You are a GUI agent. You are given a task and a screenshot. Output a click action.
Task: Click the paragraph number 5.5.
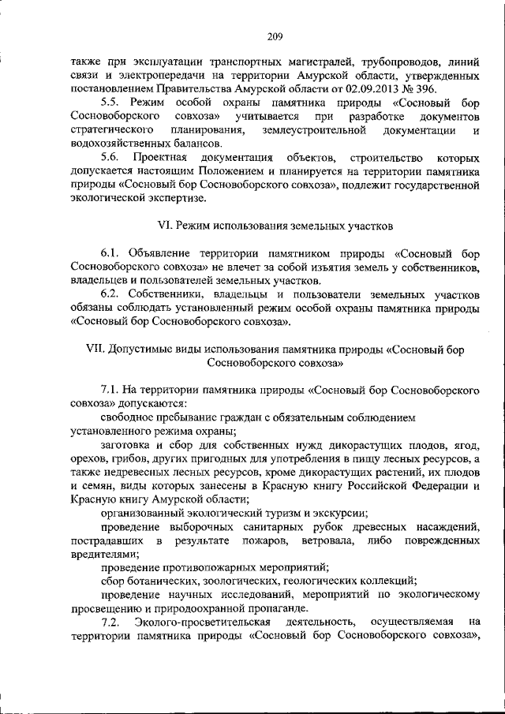coord(111,103)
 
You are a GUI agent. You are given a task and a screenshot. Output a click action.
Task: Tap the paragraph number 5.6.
coord(111,158)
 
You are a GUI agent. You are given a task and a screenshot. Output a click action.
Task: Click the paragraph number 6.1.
coord(111,254)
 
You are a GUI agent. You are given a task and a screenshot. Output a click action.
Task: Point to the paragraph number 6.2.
coord(111,294)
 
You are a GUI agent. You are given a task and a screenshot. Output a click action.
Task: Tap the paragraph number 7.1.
coord(111,389)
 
